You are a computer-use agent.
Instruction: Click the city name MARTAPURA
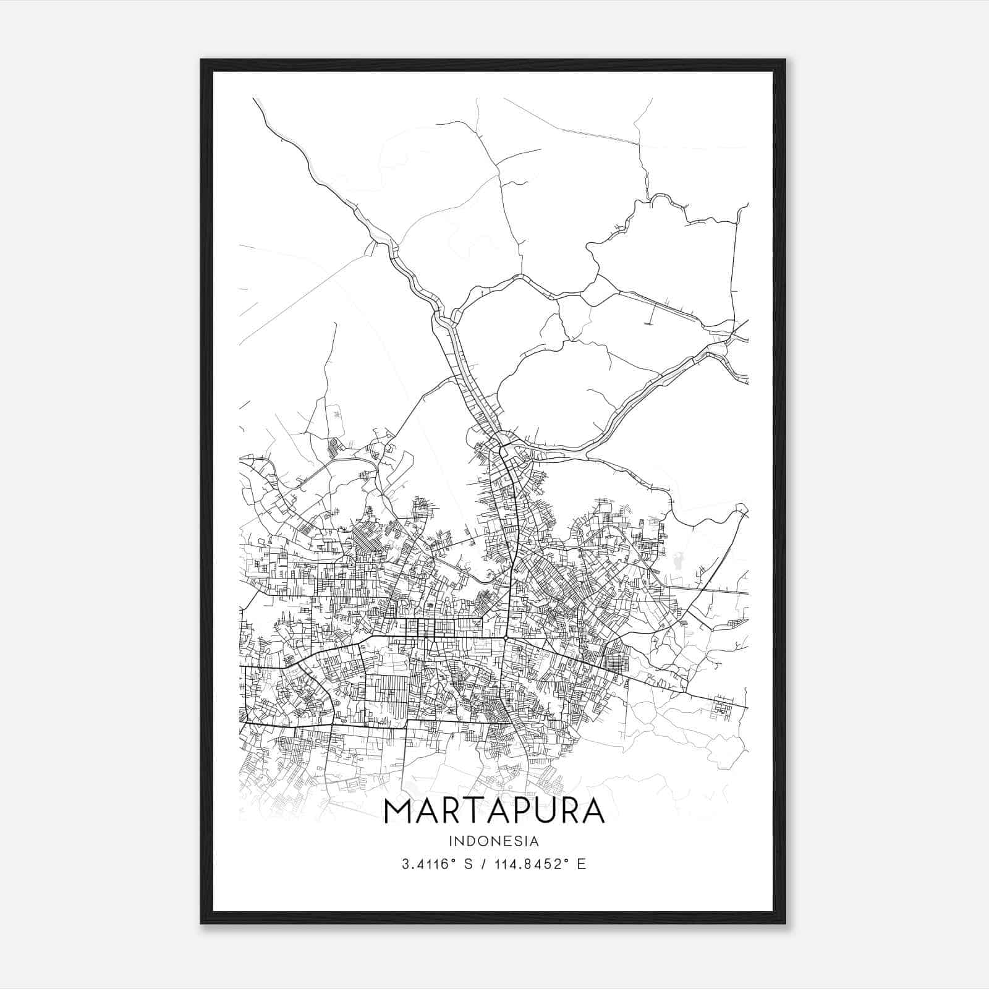[x=494, y=812]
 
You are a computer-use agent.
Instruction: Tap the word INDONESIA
[x=494, y=841]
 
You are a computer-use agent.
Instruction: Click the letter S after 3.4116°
[x=467, y=864]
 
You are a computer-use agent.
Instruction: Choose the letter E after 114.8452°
[x=581, y=864]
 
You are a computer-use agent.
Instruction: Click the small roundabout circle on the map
[x=506, y=637]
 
